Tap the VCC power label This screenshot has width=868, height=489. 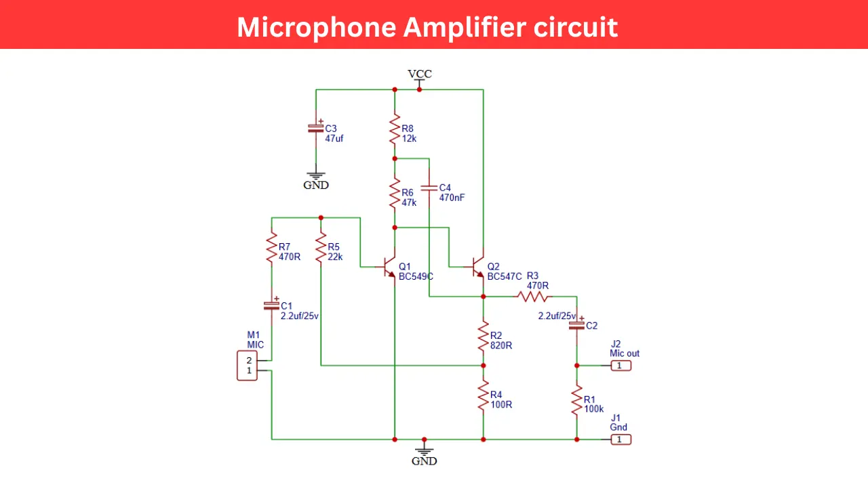pyautogui.click(x=419, y=74)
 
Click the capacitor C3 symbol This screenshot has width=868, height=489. pyautogui.click(x=315, y=127)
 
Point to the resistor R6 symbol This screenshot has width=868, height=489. pyautogui.click(x=395, y=193)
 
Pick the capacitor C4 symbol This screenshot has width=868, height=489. pyautogui.click(x=429, y=187)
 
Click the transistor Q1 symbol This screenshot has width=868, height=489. pyautogui.click(x=389, y=266)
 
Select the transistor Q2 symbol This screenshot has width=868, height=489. pyautogui.click(x=477, y=266)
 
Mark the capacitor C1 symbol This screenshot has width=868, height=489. pyautogui.click(x=271, y=305)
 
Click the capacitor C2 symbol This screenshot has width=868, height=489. pyautogui.click(x=576, y=325)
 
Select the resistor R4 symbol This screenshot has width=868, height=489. pyautogui.click(x=483, y=395)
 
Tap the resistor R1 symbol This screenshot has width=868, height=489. pyautogui.click(x=576, y=401)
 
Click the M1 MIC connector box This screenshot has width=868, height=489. pyautogui.click(x=248, y=365)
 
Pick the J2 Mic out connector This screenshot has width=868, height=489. pyautogui.click(x=620, y=365)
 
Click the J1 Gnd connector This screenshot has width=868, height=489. pyautogui.click(x=620, y=439)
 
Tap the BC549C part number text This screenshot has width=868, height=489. pyautogui.click(x=416, y=276)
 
